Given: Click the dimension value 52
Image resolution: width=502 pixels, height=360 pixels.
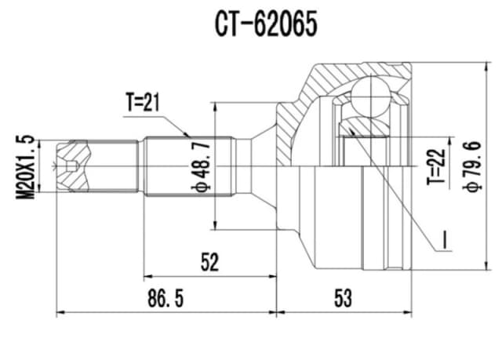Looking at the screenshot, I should click(x=209, y=262).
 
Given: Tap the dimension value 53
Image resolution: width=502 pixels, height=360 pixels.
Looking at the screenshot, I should click(x=341, y=298).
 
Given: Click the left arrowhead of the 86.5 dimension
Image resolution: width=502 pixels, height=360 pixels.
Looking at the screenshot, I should click(x=60, y=313).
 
